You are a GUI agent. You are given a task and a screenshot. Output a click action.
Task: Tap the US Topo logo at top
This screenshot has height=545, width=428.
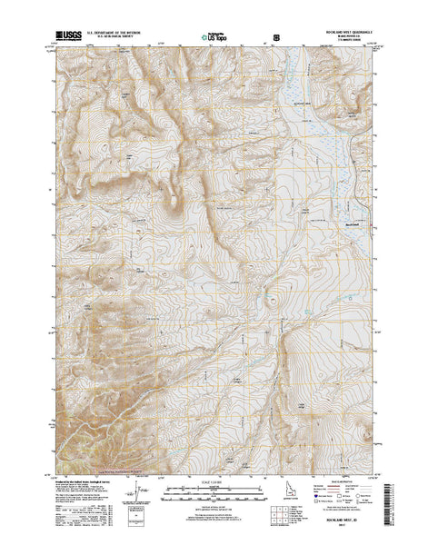[214, 40]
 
